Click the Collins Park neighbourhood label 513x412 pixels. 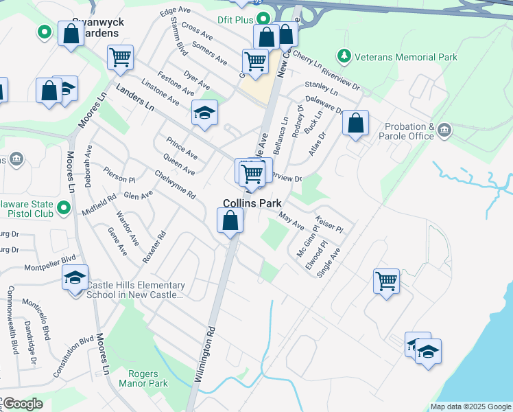tap(251, 203)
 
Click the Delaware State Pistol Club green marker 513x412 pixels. tap(64, 207)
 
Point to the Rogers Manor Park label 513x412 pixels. tap(143, 378)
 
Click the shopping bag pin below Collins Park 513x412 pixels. tap(230, 221)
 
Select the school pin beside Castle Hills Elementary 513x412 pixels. tap(75, 278)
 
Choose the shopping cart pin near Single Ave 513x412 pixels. tap(386, 280)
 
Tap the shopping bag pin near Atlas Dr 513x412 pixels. tap(355, 124)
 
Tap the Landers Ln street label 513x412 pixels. tap(135, 98)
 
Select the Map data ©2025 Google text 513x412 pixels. tap(470, 407)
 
